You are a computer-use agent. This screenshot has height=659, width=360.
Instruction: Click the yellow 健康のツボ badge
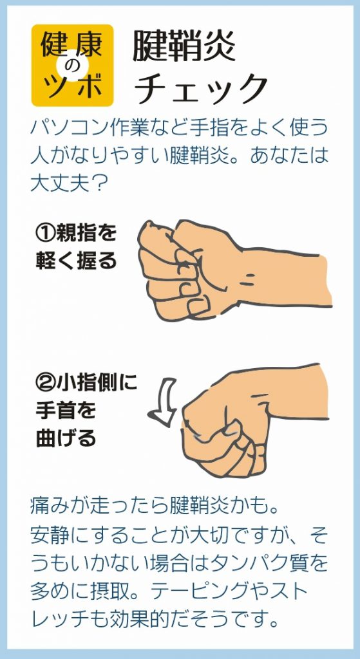tap(72, 65)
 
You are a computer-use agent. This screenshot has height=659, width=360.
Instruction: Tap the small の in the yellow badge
tap(72, 66)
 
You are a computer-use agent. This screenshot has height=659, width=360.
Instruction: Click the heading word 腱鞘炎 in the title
tap(184, 46)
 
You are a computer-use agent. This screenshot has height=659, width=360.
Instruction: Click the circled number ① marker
tap(44, 234)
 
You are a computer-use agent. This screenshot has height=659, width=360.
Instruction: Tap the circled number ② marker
tap(44, 383)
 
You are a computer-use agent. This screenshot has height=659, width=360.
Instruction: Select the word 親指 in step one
tap(71, 234)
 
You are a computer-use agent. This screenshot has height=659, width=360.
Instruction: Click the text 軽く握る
tap(76, 261)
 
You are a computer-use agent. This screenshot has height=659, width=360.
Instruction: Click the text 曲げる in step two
tap(66, 438)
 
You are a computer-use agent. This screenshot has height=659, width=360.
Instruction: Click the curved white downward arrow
tap(165, 402)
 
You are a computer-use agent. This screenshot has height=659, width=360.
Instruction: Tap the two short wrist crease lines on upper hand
tap(249, 279)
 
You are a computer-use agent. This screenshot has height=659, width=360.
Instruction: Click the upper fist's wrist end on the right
tap(328, 279)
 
